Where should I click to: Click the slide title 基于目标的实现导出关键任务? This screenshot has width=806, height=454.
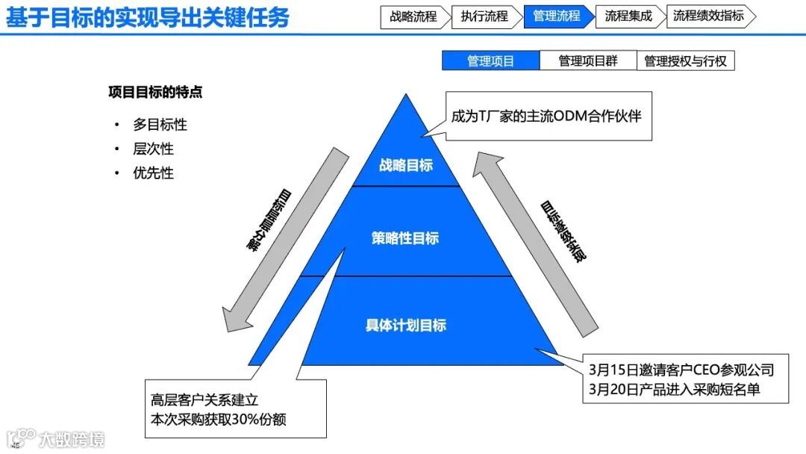pos(148,18)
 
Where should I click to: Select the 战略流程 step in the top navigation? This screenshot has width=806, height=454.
pos(413,16)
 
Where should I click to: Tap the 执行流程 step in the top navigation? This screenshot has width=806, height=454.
pos(484,16)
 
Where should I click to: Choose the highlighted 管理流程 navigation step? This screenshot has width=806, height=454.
pos(556,16)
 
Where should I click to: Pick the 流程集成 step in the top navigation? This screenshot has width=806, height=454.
pos(628,16)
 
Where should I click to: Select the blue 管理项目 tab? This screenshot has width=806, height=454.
pos(490,61)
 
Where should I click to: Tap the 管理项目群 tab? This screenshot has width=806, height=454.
pos(588,61)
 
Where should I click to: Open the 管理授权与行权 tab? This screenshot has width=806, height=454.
pos(685,61)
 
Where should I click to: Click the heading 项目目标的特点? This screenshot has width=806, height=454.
pos(155,93)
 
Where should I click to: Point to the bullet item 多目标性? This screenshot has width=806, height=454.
pos(160,125)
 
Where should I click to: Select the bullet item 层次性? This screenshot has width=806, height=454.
pos(153,149)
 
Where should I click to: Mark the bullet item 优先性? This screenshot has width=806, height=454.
pos(153,172)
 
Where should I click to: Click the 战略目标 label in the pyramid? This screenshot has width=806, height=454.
pos(405,165)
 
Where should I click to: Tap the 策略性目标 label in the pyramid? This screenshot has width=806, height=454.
pos(405,238)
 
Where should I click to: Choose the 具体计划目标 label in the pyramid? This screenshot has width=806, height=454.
pos(405,325)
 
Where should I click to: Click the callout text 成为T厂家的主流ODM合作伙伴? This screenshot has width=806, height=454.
pos(546,116)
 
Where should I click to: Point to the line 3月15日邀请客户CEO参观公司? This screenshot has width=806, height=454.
pos(681,370)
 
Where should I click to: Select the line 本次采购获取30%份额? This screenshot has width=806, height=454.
pos(218,420)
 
